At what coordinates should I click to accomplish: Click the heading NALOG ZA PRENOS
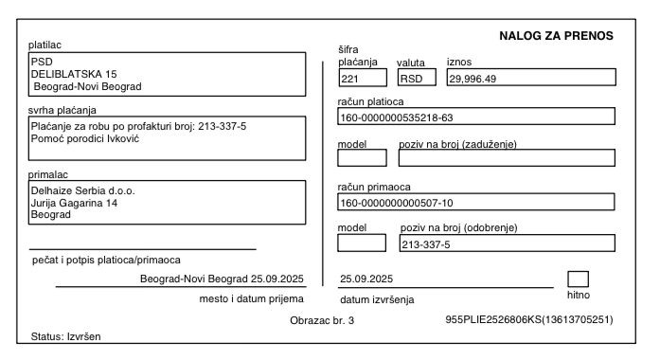(556, 36)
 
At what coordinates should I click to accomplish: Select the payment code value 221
(350, 79)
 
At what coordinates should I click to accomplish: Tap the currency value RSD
(410, 79)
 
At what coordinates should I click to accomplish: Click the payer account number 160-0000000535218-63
(396, 118)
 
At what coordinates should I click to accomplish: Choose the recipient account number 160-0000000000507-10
(396, 203)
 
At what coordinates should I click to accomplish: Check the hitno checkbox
(578, 279)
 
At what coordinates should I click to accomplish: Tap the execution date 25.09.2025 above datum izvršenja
(366, 279)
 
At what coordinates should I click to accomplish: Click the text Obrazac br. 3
(322, 320)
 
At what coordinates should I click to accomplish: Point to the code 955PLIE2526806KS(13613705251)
(528, 320)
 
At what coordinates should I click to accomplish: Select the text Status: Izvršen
(66, 336)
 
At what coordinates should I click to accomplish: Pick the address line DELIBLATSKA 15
(74, 73)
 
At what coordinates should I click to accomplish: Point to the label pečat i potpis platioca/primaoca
(106, 259)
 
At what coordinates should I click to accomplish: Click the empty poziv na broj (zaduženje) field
(507, 157)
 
